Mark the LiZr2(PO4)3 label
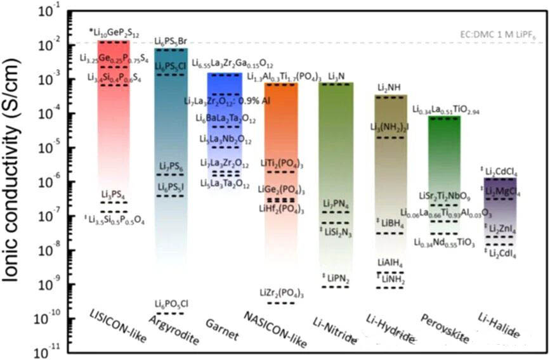pyautogui.click(x=282, y=292)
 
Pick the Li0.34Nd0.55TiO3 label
pyautogui.click(x=444, y=243)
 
